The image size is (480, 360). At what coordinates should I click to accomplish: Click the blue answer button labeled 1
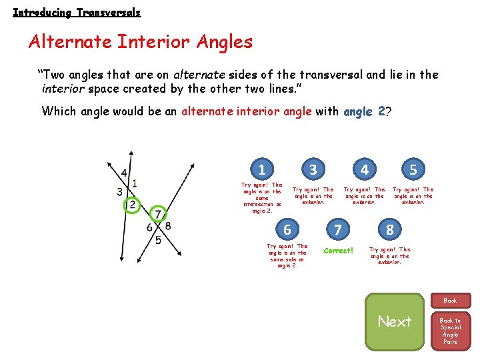pos(262,169)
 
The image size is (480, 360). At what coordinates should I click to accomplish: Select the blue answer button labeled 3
pos(313,169)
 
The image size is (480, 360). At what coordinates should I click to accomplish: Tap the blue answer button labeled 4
pos(364,169)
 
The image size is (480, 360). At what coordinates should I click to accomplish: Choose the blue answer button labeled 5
pos(413,169)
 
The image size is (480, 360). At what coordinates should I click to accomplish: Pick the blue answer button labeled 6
pos(287,229)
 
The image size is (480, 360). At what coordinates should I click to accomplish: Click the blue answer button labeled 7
pos(338,230)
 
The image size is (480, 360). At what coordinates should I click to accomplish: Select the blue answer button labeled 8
pos(390,230)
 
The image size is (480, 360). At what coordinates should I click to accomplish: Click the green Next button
pos(395,321)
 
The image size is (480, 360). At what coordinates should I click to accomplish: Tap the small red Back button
pos(451,301)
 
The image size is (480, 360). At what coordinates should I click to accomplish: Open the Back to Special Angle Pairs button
pos(451,331)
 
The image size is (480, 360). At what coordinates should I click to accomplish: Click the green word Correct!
pos(338,251)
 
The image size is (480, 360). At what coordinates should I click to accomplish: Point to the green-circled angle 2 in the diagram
pos(133,204)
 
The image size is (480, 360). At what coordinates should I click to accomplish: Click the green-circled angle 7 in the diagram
pos(157,214)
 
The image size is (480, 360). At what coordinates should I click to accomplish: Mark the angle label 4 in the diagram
pos(124,173)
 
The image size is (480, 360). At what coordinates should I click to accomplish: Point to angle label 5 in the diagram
pos(158,240)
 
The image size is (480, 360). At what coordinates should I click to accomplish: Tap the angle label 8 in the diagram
pos(168,226)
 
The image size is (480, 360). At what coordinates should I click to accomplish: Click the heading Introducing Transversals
pos(77,13)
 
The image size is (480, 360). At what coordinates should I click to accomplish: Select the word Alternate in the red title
pos(70,42)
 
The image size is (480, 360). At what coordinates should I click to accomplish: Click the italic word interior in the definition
pos(62,87)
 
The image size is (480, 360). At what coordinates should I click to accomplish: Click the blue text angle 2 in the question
pos(364,111)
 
